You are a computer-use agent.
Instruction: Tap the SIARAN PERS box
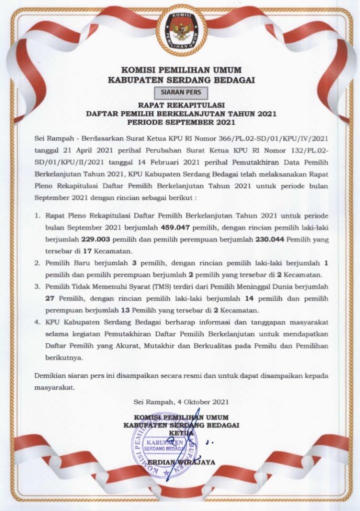(x=180, y=92)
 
